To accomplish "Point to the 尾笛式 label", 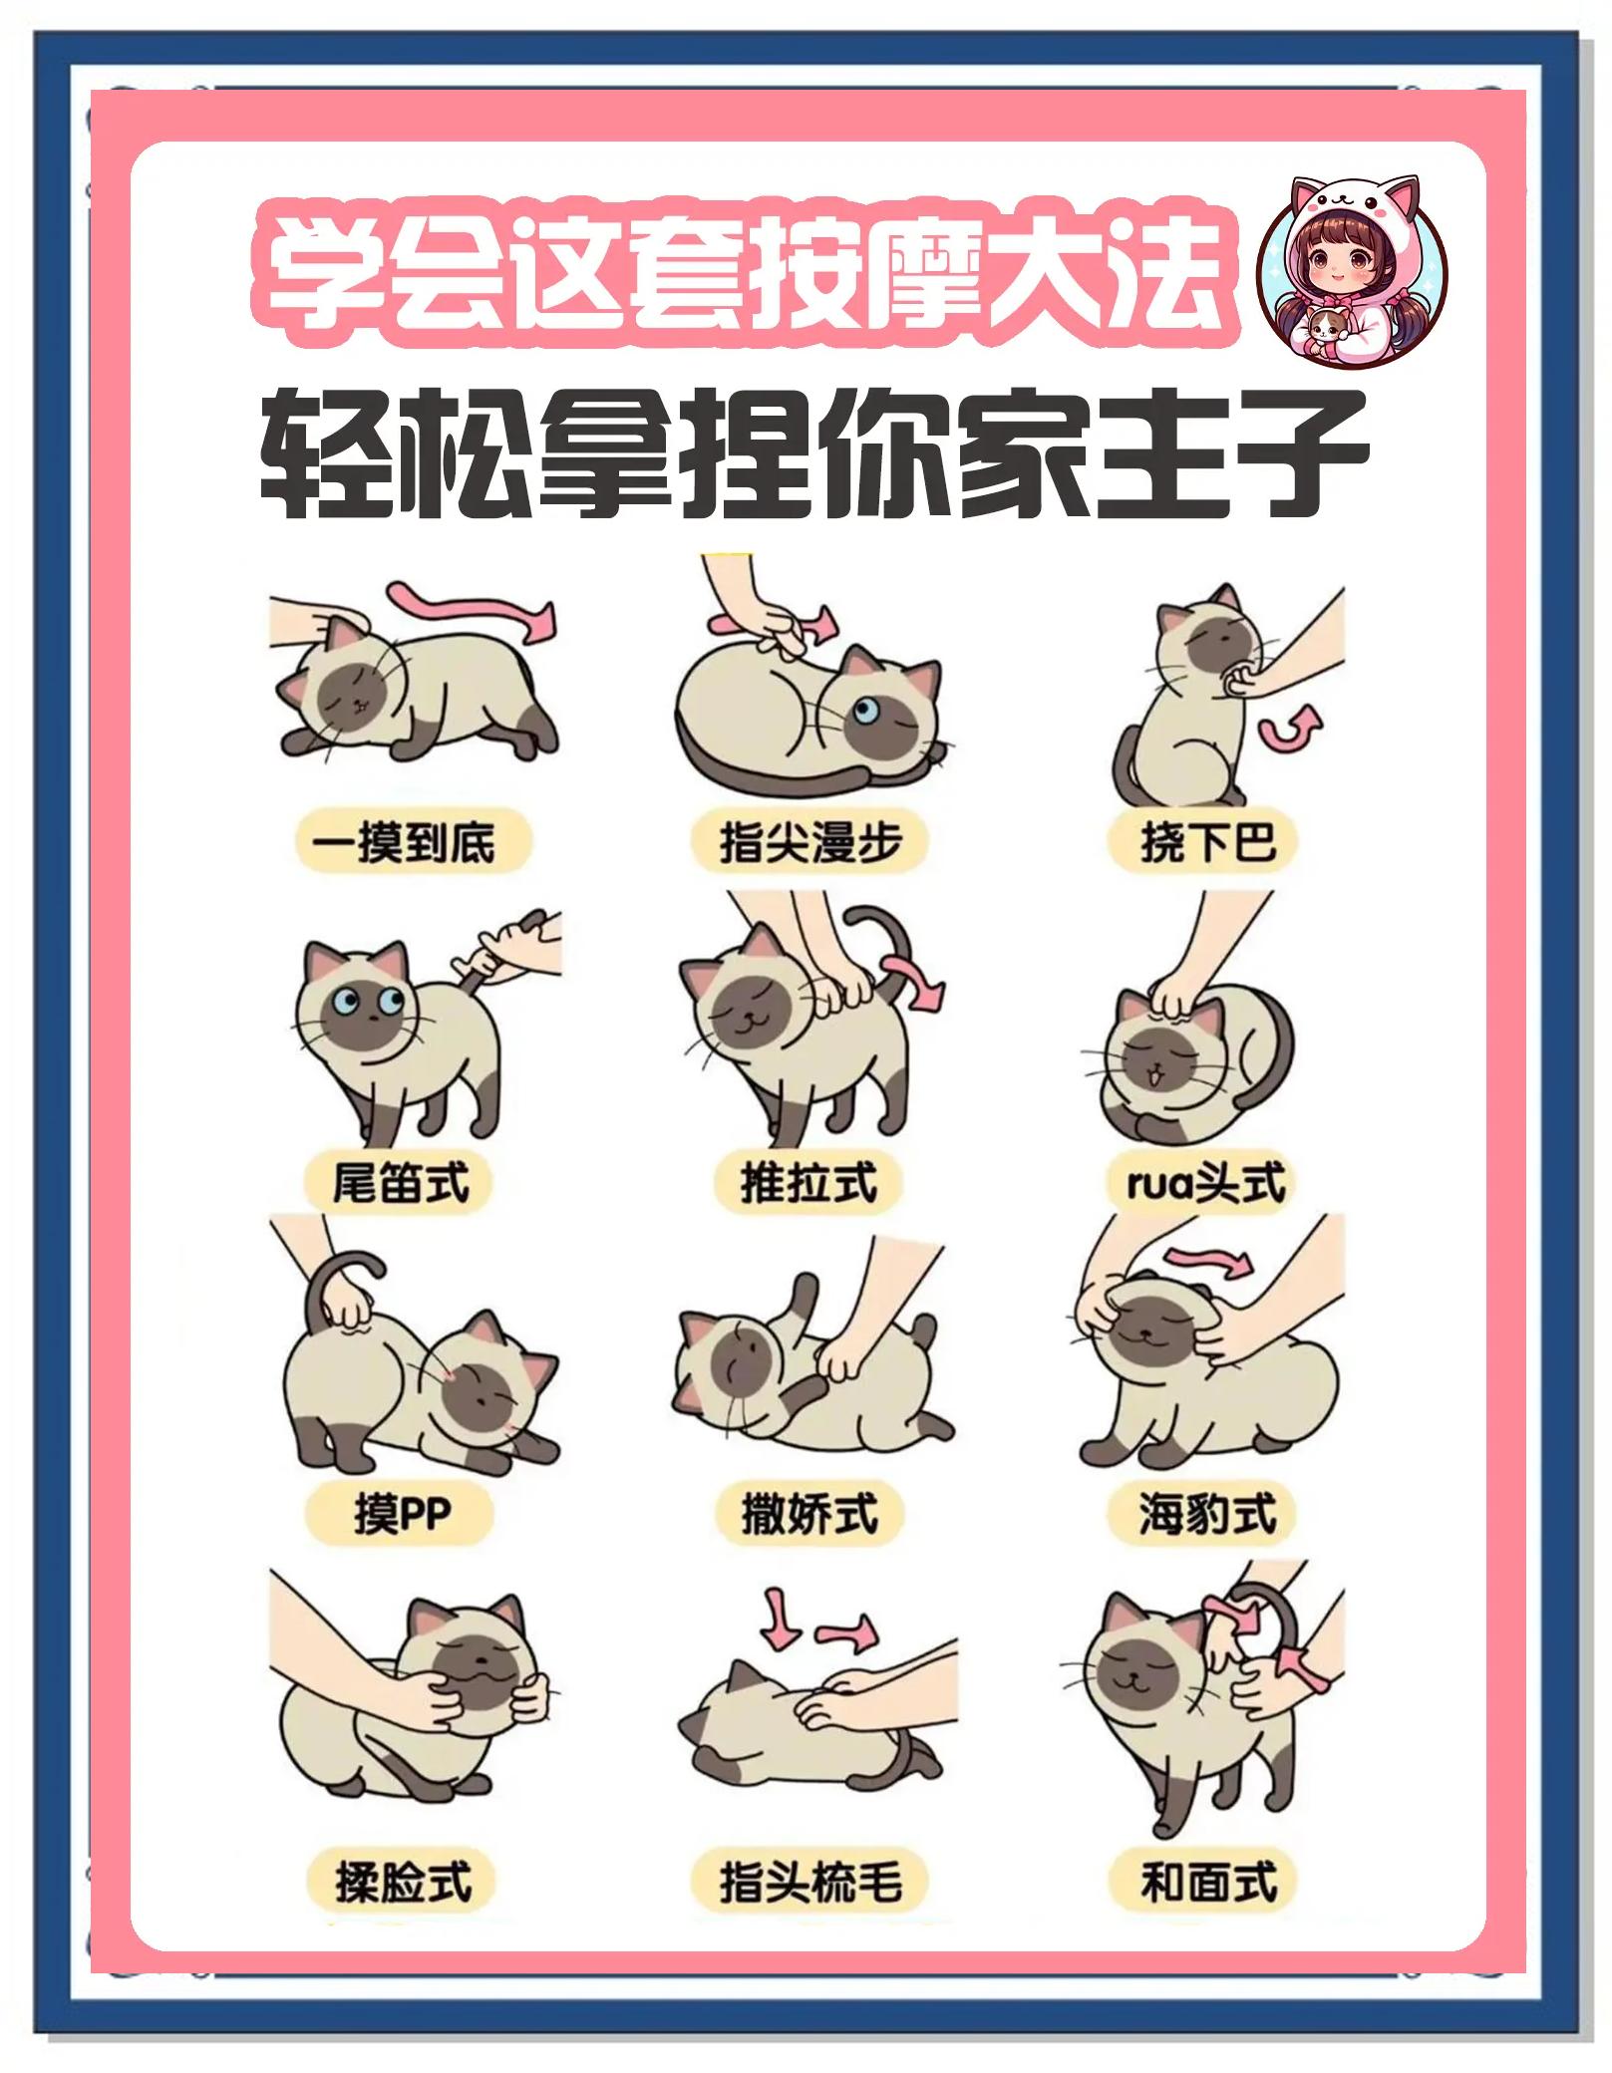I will pos(401,1184).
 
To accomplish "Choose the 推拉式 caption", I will pos(808,1184).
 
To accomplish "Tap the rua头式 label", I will pos(1205,1184).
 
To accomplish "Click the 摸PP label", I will pos(402,1516).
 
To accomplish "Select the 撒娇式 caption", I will pos(808,1516).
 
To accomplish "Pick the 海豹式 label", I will pos(1207,1516).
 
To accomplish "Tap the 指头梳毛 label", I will pos(809,1883).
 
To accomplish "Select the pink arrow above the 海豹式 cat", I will pos(1207,1260).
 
